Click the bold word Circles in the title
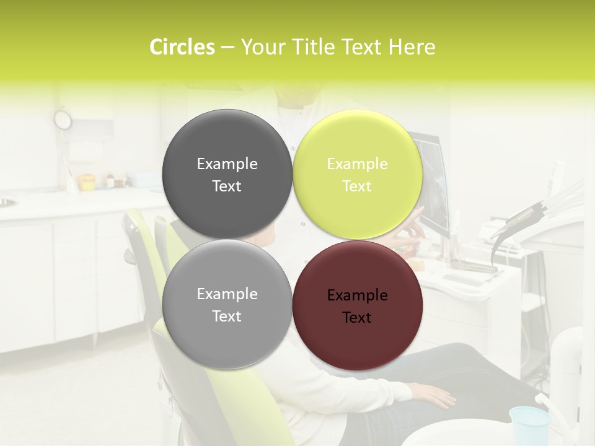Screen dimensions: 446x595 (x=182, y=47)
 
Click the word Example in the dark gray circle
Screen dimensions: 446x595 (x=227, y=164)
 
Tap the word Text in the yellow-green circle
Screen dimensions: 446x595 (x=357, y=186)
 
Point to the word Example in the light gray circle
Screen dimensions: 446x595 (x=227, y=294)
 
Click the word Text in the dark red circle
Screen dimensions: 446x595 (x=357, y=317)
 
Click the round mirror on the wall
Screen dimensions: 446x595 (x=63, y=119)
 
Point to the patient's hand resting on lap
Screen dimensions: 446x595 (x=436, y=395)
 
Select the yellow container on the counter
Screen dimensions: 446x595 (x=87, y=182)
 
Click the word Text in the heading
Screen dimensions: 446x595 (x=363, y=47)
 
